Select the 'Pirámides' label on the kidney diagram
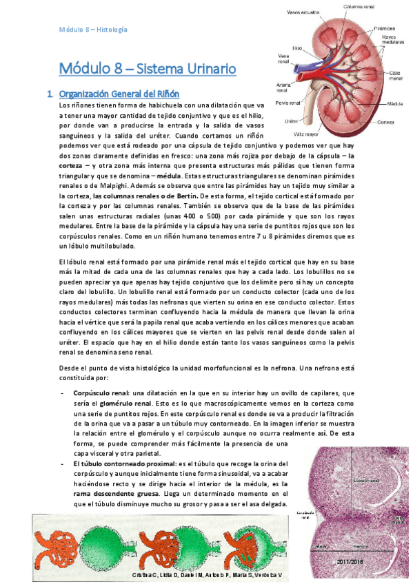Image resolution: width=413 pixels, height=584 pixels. click(384, 30)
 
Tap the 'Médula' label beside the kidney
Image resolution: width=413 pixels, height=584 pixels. click(395, 103)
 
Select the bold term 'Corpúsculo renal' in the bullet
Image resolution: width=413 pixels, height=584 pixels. click(101, 393)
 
